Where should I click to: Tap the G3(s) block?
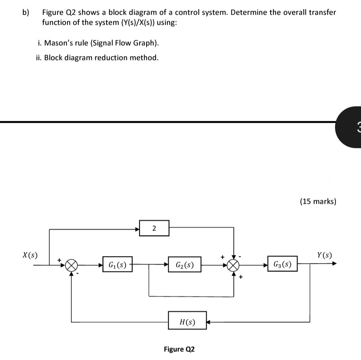283,265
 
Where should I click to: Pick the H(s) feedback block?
187,321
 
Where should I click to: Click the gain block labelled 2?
154,229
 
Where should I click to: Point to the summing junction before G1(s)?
71,265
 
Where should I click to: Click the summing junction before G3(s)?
233,265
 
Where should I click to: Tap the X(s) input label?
30,255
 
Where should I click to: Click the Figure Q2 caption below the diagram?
179,349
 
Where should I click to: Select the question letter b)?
26,12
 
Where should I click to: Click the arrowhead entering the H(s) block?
209,321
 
